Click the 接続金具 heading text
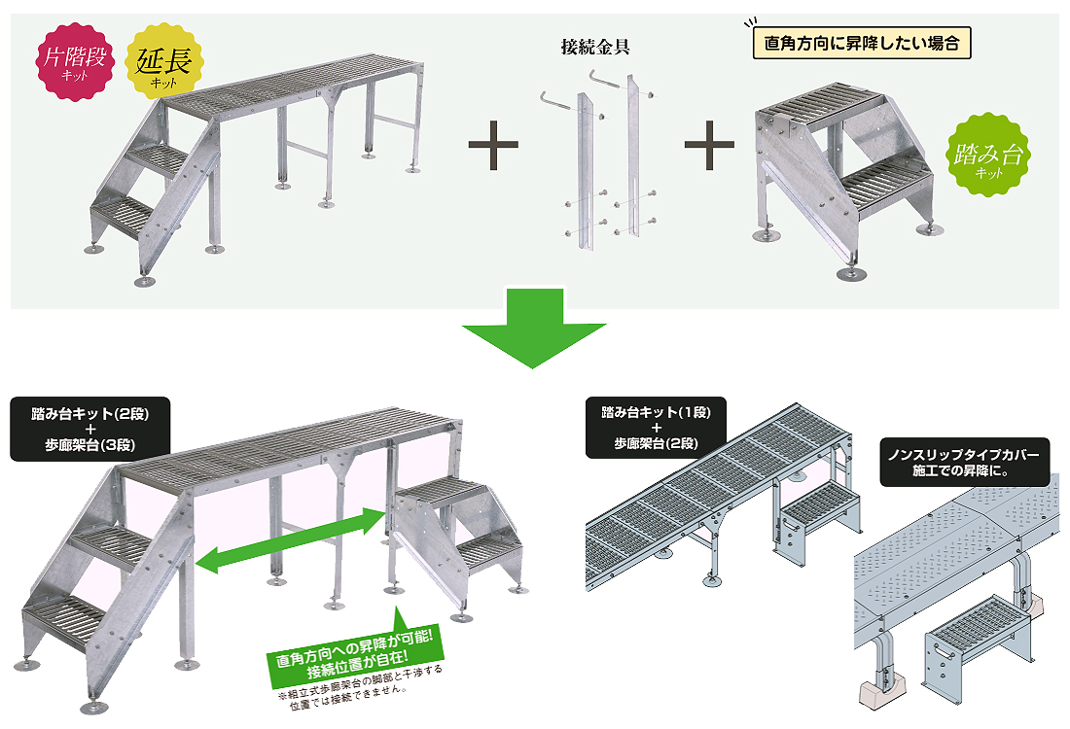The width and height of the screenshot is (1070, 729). click(595, 47)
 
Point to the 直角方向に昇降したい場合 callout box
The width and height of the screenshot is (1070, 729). click(863, 44)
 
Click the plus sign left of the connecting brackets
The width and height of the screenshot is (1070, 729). click(493, 146)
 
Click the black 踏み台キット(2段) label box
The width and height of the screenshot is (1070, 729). click(90, 429)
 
